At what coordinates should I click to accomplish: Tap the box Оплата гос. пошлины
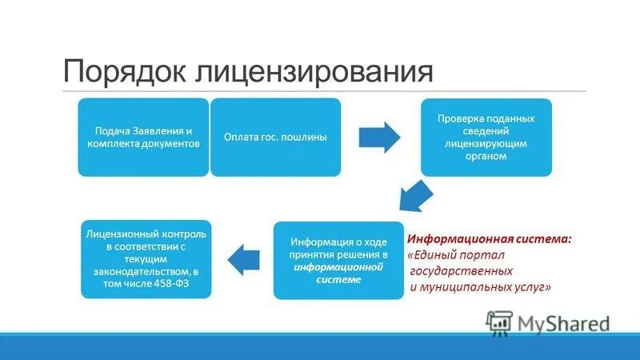point(275,137)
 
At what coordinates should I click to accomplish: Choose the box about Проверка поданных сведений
point(486,137)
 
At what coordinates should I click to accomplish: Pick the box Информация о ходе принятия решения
point(339,260)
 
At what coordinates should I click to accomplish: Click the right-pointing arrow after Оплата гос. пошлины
point(378,137)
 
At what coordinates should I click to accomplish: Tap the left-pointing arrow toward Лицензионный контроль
point(246,258)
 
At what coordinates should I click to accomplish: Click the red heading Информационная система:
point(490,239)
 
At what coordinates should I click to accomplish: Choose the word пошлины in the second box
point(307,137)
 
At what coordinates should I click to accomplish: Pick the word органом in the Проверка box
point(486,157)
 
